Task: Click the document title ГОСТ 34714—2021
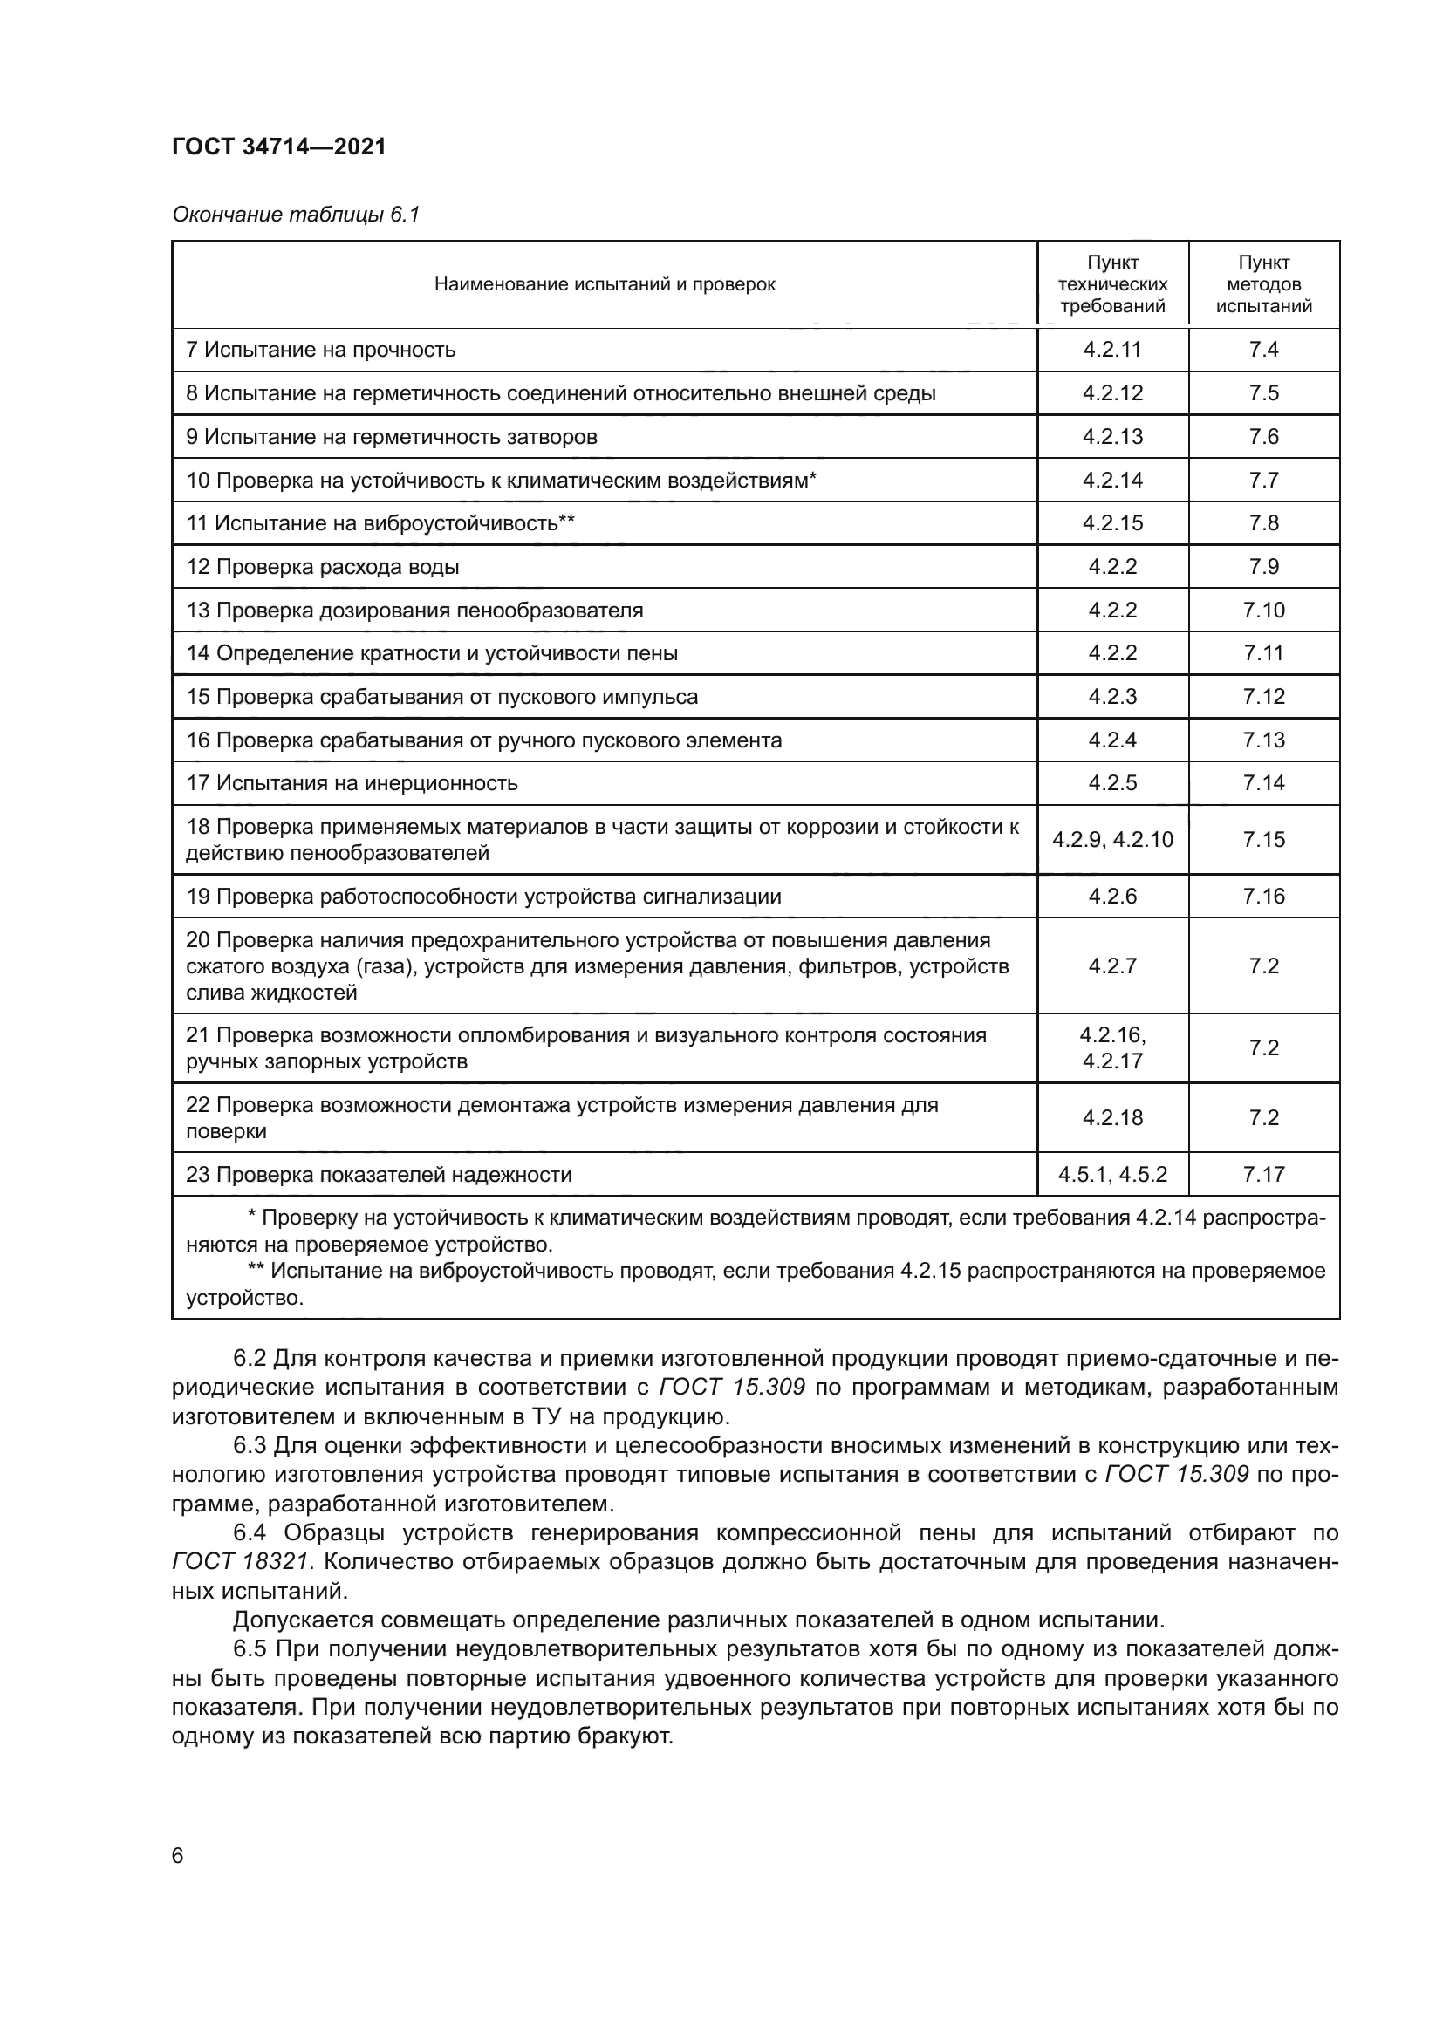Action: click(279, 147)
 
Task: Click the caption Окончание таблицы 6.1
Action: click(295, 215)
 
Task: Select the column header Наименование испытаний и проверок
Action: click(605, 284)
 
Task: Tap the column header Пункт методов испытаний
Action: click(1263, 284)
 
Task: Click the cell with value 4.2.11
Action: click(1112, 349)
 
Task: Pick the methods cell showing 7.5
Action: click(1263, 392)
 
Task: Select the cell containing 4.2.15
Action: click(1112, 522)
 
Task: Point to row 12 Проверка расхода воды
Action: click(323, 566)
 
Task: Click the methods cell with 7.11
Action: click(1263, 653)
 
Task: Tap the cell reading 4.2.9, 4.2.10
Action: click(1112, 839)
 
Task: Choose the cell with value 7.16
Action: click(1263, 896)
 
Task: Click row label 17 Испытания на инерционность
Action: click(352, 782)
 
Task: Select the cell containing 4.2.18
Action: click(1112, 1117)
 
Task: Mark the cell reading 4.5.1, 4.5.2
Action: click(1112, 1174)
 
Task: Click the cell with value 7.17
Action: click(1263, 1174)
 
